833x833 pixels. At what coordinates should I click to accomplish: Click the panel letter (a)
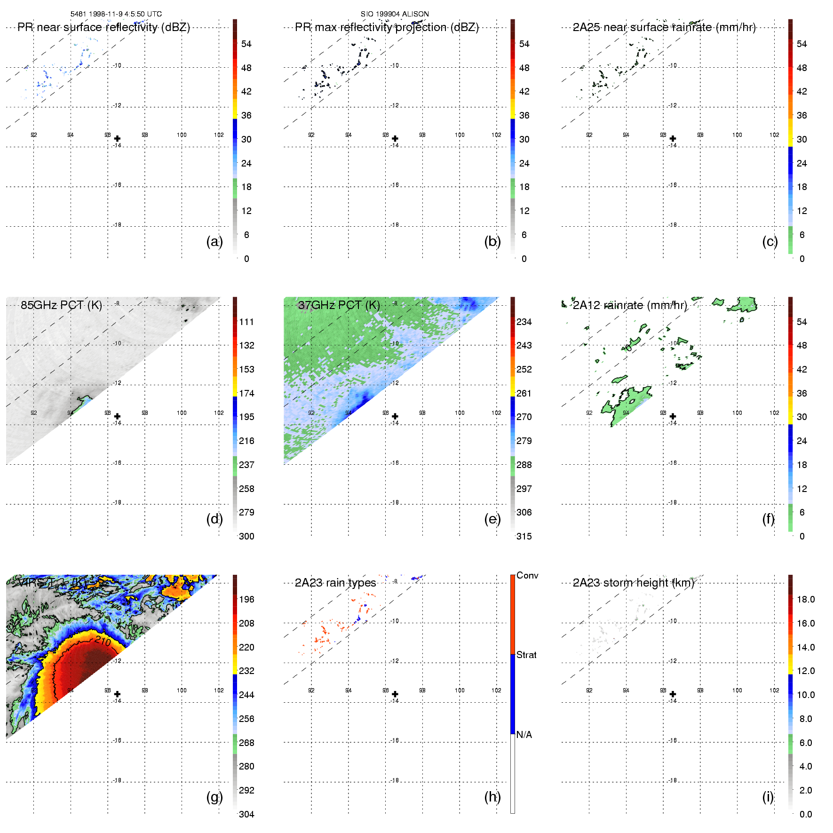pyautogui.click(x=214, y=241)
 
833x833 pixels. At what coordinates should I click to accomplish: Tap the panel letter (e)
pyautogui.click(x=492, y=519)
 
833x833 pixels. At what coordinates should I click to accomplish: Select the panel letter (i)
pyautogui.click(x=768, y=797)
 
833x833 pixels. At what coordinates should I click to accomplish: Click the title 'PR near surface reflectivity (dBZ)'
pyautogui.click(x=103, y=27)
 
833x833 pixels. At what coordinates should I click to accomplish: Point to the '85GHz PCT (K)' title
pyautogui.click(x=61, y=305)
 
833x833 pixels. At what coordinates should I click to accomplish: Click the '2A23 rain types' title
pyautogui.click(x=335, y=583)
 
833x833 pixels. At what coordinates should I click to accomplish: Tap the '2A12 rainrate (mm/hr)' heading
pyautogui.click(x=630, y=305)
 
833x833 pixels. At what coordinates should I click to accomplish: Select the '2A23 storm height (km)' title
pyautogui.click(x=634, y=583)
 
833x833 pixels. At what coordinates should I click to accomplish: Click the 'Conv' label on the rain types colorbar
pyautogui.click(x=527, y=575)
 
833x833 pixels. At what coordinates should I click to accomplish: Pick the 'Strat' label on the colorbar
pyautogui.click(x=526, y=655)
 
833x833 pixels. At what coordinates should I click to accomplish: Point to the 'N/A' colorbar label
pyautogui.click(x=524, y=735)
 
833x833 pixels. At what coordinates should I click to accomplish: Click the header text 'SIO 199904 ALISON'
pyautogui.click(x=395, y=14)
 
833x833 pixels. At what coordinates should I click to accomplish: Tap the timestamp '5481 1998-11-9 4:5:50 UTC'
pyautogui.click(x=116, y=14)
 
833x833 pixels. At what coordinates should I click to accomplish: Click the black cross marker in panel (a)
pyautogui.click(x=117, y=139)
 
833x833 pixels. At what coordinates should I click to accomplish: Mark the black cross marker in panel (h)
pyautogui.click(x=395, y=694)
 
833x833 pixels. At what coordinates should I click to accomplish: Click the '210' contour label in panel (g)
pyautogui.click(x=103, y=641)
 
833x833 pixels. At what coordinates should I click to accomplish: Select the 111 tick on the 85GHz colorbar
pyautogui.click(x=246, y=322)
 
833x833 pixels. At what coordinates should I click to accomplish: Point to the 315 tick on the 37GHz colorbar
pyautogui.click(x=524, y=536)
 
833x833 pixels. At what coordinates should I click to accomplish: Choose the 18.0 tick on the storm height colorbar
pyautogui.click(x=806, y=599)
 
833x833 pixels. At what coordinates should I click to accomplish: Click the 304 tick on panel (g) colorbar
pyautogui.click(x=246, y=814)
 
